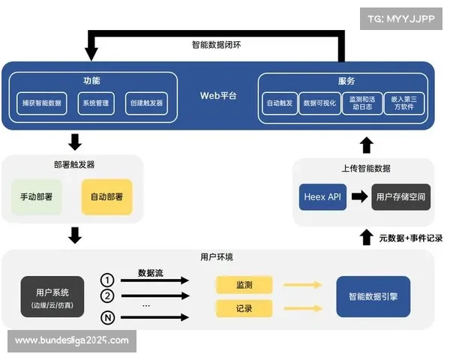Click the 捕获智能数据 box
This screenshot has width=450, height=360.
click(x=42, y=103)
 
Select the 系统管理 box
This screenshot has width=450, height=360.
click(x=96, y=103)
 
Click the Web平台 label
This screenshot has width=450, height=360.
click(x=218, y=96)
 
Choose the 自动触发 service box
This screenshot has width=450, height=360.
click(x=280, y=103)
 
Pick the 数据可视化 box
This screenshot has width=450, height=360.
click(x=319, y=103)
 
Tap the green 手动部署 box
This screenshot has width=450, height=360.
click(x=36, y=197)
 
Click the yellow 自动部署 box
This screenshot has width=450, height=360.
click(x=106, y=197)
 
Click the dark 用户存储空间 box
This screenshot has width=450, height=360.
click(x=401, y=196)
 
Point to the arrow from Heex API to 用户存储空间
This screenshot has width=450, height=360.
click(x=359, y=196)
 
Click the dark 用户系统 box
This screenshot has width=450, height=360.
click(x=52, y=297)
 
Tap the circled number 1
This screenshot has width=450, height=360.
click(x=107, y=280)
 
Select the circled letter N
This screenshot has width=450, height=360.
click(x=107, y=318)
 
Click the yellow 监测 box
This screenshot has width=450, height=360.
click(x=244, y=285)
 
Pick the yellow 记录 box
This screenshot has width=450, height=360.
click(x=244, y=308)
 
